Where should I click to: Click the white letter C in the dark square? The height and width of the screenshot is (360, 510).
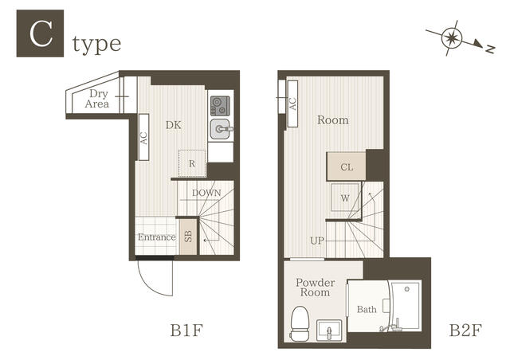(41, 33)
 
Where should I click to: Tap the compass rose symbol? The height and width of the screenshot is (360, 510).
(452, 37)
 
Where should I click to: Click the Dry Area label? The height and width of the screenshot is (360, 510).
(97, 99)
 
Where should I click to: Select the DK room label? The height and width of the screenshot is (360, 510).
(174, 125)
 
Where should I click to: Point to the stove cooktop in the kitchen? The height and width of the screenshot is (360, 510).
(220, 106)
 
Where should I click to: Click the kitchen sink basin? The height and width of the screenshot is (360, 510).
(221, 129)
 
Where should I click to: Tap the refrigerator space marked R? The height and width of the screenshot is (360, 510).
(192, 163)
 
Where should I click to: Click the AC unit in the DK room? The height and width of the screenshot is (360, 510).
(143, 137)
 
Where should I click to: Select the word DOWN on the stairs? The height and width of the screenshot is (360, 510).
(206, 193)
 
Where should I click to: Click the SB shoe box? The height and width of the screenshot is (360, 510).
(188, 237)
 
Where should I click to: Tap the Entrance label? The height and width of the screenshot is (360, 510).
(157, 237)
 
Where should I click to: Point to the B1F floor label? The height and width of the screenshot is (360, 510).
(186, 331)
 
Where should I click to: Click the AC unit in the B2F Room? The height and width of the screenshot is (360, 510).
(292, 104)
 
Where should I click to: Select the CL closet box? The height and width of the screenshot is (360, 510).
(347, 166)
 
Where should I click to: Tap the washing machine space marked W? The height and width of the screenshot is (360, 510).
(345, 198)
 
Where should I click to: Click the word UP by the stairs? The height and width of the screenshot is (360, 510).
(317, 241)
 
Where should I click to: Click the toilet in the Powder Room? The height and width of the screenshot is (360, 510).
(300, 323)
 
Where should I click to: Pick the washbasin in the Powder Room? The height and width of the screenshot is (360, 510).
(329, 331)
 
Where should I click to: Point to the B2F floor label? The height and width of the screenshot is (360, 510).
(465, 331)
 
